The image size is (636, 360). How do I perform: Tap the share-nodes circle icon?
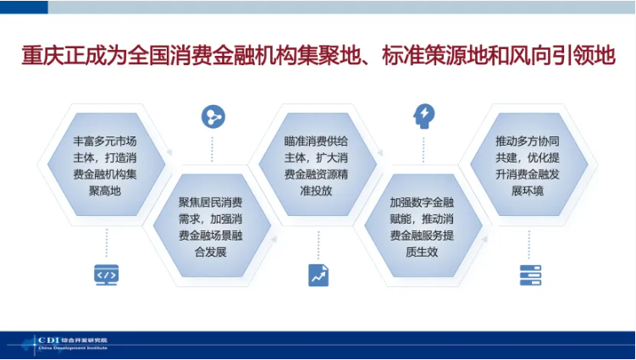[x=213, y=116]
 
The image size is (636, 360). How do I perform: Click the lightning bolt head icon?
[x=423, y=115]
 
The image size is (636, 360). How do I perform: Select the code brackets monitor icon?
[x=106, y=274]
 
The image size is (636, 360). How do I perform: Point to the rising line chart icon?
[x=318, y=274]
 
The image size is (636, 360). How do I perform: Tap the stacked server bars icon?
[x=530, y=274]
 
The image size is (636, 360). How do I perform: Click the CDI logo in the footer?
[x=47, y=341]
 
